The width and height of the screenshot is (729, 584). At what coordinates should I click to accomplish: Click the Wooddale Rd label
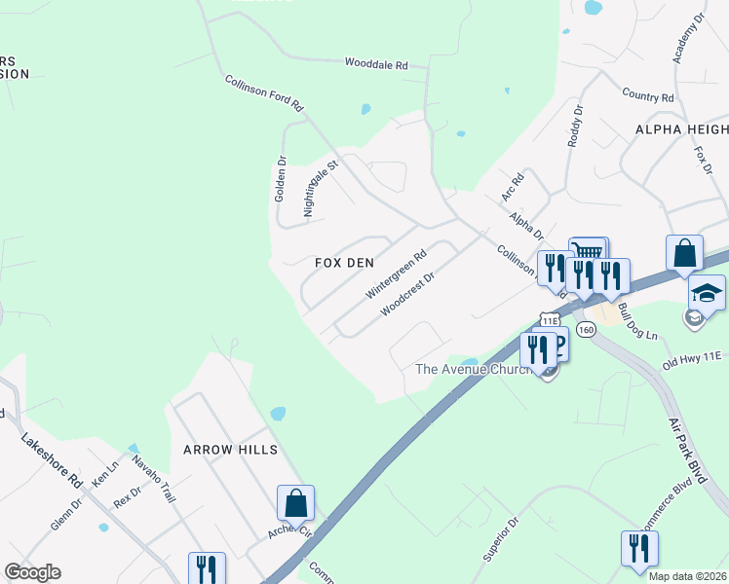coord(376,64)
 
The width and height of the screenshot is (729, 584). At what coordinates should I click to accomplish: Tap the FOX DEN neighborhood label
coord(340,263)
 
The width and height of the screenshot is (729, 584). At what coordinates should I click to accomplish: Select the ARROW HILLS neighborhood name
coord(231,450)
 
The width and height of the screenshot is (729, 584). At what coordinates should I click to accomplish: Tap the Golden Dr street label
coord(280,179)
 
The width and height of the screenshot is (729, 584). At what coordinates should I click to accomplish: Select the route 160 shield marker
coord(586,329)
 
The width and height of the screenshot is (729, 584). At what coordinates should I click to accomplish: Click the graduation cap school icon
coord(707,291)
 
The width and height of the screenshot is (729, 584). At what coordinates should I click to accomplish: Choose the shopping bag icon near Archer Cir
coord(295,503)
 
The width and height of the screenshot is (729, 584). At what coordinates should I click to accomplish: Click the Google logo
coord(32,572)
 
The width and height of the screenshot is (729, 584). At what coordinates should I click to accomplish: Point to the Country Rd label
coord(648,97)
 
